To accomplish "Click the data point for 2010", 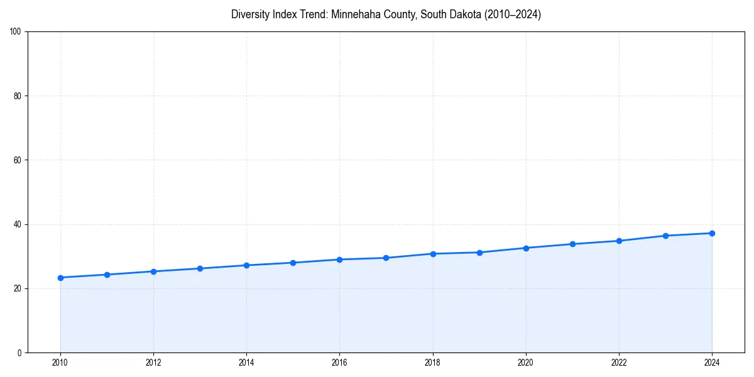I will pyautogui.click(x=60, y=278).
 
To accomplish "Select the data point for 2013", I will pyautogui.click(x=200, y=268).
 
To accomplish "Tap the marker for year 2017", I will pyautogui.click(x=386, y=258).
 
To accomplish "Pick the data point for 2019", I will pyautogui.click(x=479, y=253).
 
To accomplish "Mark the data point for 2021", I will pyautogui.click(x=572, y=244).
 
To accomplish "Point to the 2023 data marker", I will pyautogui.click(x=665, y=236).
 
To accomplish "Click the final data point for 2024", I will pyautogui.click(x=712, y=233).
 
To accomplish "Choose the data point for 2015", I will pyautogui.click(x=293, y=263).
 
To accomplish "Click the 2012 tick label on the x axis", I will pyautogui.click(x=153, y=363).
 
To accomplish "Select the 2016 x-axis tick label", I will pyautogui.click(x=339, y=363).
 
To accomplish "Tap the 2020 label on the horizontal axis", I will pyautogui.click(x=526, y=363).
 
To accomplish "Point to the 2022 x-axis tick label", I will pyautogui.click(x=619, y=363).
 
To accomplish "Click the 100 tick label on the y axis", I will pyautogui.click(x=16, y=32).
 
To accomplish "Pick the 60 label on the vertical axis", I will pyautogui.click(x=18, y=160).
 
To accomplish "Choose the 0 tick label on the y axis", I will pyautogui.click(x=19, y=352).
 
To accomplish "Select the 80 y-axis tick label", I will pyautogui.click(x=18, y=96).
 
